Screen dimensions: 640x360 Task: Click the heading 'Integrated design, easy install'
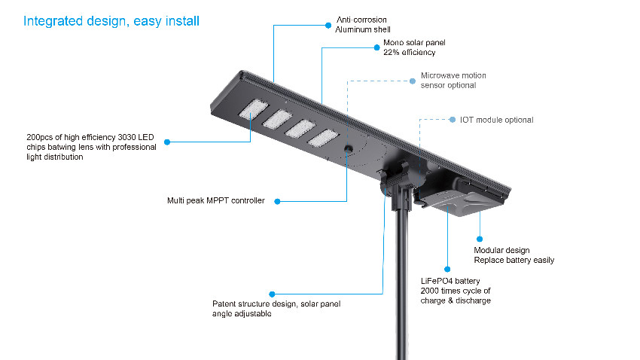point(111,21)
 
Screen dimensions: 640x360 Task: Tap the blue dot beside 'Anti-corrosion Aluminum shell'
point(328,26)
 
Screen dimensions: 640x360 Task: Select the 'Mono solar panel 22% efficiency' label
point(414,47)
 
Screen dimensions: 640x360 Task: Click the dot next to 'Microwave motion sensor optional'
point(413,81)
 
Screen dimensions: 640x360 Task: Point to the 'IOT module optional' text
point(496,120)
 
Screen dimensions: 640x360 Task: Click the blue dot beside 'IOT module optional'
point(453,120)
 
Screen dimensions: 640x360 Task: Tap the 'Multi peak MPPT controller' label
point(216,201)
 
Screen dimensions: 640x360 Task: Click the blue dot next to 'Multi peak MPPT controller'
point(277,201)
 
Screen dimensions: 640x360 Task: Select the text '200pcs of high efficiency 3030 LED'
point(90,137)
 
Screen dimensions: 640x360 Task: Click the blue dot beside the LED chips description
point(167,142)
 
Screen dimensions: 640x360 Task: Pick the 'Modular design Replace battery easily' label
point(514,255)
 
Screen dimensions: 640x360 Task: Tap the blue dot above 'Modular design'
point(480,239)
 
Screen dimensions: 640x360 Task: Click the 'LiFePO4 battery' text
point(450,281)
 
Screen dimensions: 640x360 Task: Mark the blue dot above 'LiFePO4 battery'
point(447,270)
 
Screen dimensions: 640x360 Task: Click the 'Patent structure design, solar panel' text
point(276,304)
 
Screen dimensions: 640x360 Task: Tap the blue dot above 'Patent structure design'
point(272,294)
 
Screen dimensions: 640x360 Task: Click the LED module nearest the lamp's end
point(254,109)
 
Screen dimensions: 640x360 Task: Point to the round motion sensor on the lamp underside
point(348,149)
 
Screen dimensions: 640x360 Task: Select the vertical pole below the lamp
point(402,282)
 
